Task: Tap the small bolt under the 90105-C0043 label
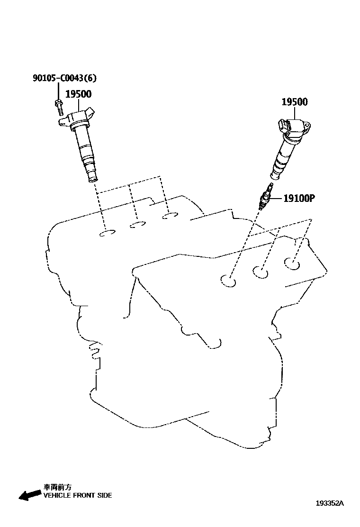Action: pos(58,107)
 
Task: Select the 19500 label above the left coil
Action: pos(78,94)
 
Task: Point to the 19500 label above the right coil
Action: pos(295,102)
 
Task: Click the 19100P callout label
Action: pos(299,198)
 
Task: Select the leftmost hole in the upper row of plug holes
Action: pos(108,233)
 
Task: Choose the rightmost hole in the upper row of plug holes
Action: pos(169,216)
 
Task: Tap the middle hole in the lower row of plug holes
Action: pos(260,272)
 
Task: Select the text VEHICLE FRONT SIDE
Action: pos(78,495)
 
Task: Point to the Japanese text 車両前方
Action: pos(57,487)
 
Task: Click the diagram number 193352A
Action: pos(330,504)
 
